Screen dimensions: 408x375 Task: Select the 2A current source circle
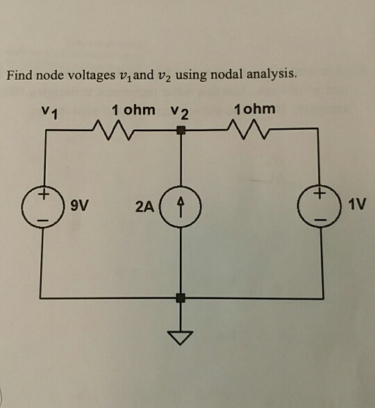(181, 206)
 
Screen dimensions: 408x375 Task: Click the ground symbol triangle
(181, 338)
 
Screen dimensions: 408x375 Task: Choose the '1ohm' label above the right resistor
(255, 109)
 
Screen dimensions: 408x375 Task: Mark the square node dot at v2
(181, 130)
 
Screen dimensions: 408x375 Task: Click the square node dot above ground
(181, 298)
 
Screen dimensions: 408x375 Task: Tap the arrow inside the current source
(181, 205)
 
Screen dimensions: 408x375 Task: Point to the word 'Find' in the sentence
(20, 74)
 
